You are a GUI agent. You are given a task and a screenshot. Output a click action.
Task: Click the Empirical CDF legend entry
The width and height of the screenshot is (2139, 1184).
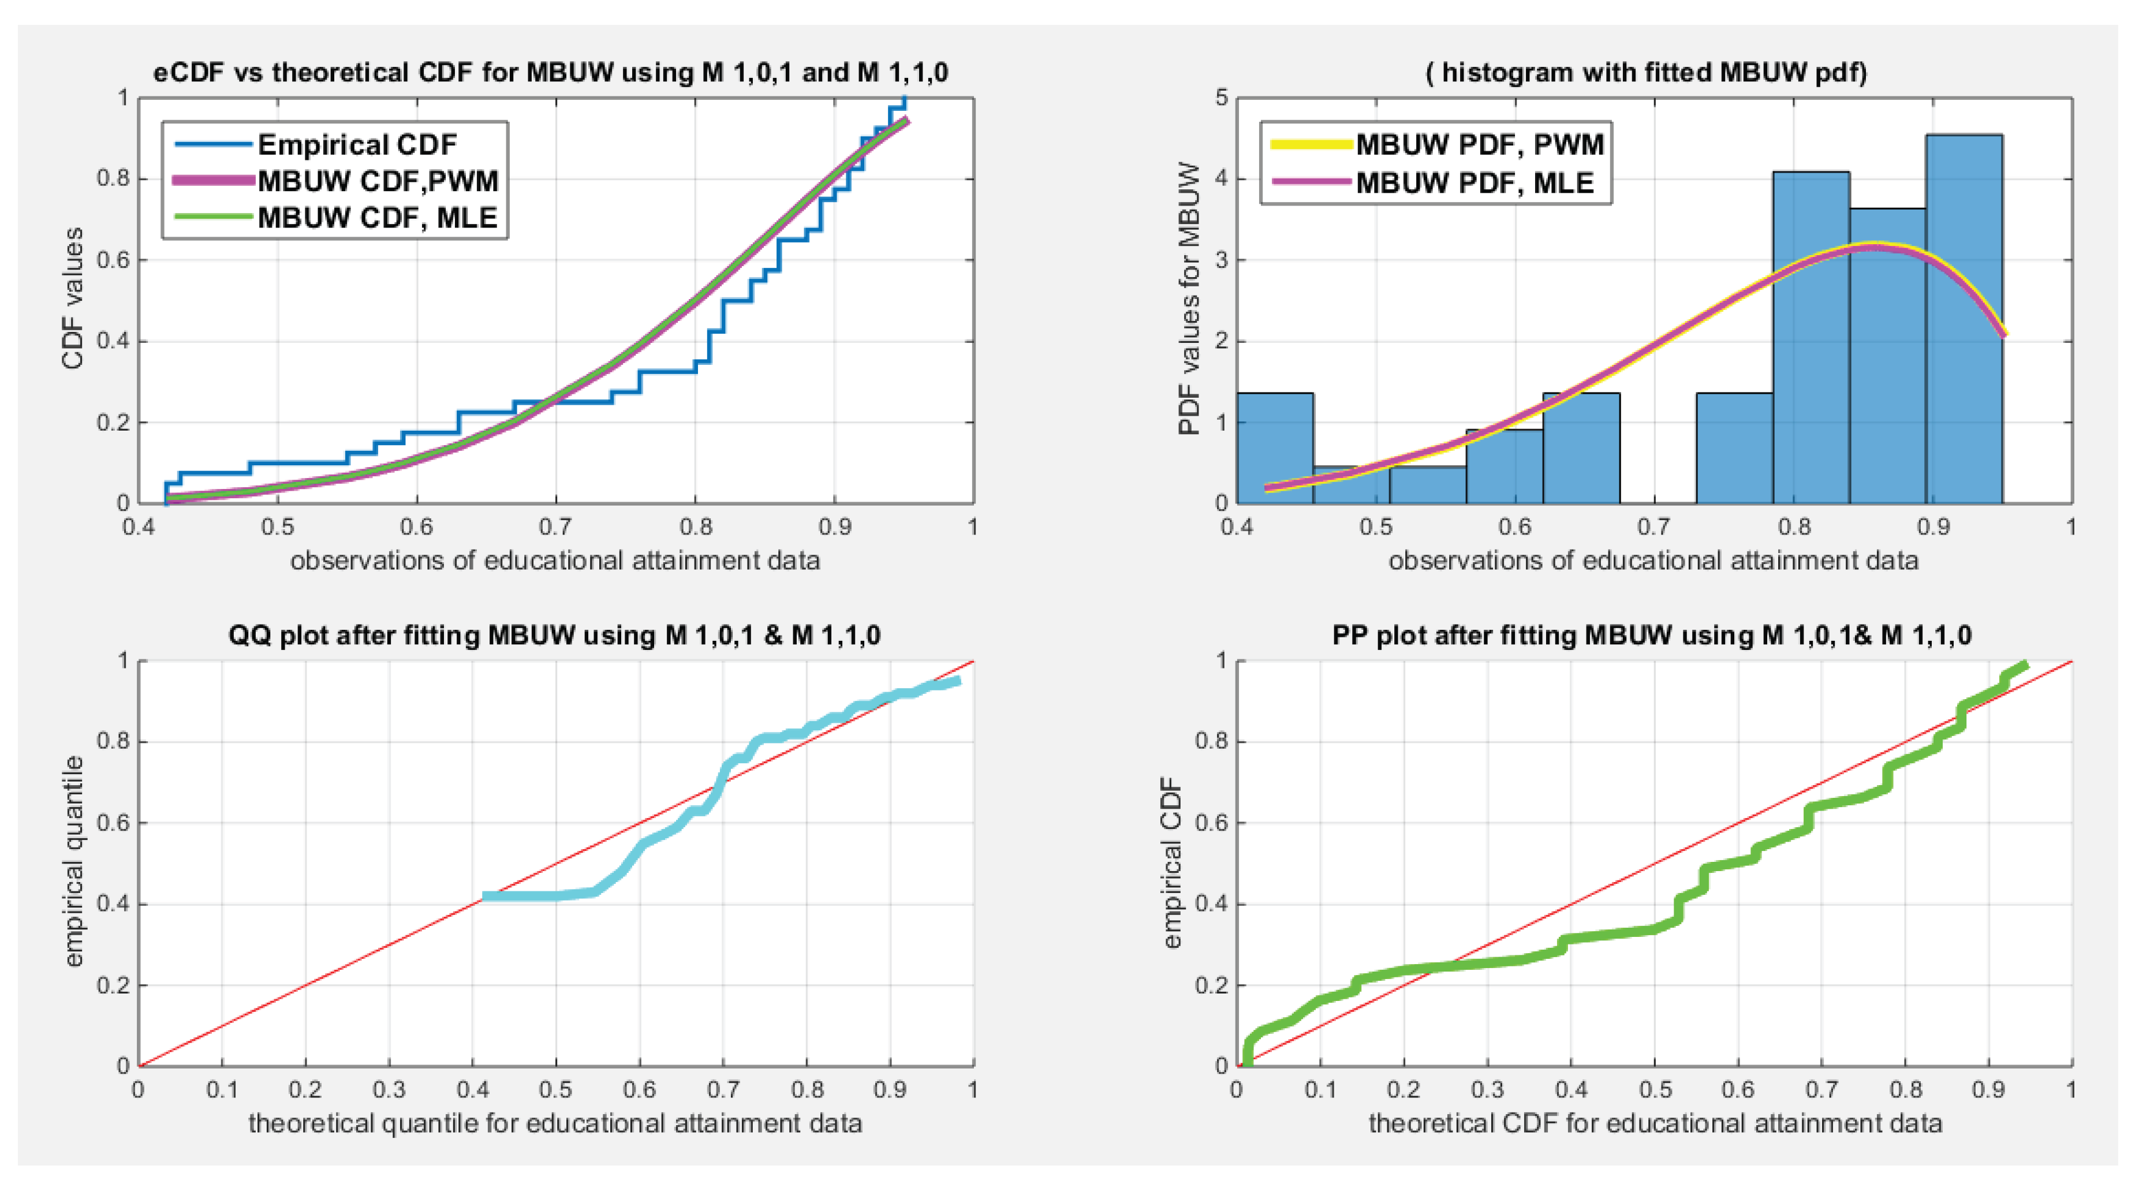(x=356, y=144)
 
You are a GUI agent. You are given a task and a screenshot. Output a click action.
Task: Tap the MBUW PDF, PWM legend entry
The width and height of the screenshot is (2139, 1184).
(x=1479, y=144)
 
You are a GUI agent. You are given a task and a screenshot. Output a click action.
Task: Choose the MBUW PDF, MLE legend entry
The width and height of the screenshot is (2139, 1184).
(x=1474, y=182)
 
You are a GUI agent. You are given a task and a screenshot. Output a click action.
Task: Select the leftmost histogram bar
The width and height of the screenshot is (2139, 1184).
(x=1275, y=449)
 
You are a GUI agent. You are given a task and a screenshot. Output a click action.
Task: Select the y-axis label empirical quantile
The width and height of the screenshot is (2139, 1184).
(x=74, y=861)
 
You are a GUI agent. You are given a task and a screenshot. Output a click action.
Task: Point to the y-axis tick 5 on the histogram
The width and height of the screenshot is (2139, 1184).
(x=1220, y=98)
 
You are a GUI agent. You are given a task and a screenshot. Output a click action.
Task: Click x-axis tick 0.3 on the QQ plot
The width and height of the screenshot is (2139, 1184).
(x=389, y=1089)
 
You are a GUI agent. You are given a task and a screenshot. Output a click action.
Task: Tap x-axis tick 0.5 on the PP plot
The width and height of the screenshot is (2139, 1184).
(x=1654, y=1089)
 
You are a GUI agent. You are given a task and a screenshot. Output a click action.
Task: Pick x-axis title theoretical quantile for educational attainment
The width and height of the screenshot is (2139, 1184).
(x=555, y=1123)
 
